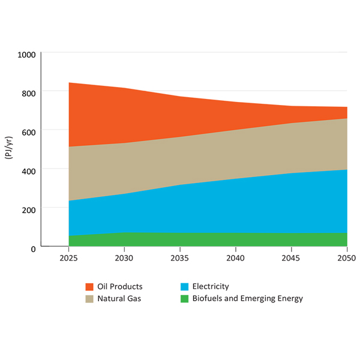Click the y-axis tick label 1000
point(26,54)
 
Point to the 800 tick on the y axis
point(29,92)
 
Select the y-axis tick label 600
point(29,131)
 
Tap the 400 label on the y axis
point(29,170)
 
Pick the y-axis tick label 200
point(29,209)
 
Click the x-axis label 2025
point(68,258)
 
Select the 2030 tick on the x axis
point(124,258)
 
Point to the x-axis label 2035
point(180,258)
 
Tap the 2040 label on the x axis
point(235,258)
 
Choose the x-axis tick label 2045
point(291,258)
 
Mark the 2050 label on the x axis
point(347,258)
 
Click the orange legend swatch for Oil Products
point(89,287)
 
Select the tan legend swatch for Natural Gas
point(89,298)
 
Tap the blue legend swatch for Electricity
point(185,287)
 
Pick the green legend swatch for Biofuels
point(185,298)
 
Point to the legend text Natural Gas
point(119,298)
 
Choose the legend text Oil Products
point(120,287)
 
